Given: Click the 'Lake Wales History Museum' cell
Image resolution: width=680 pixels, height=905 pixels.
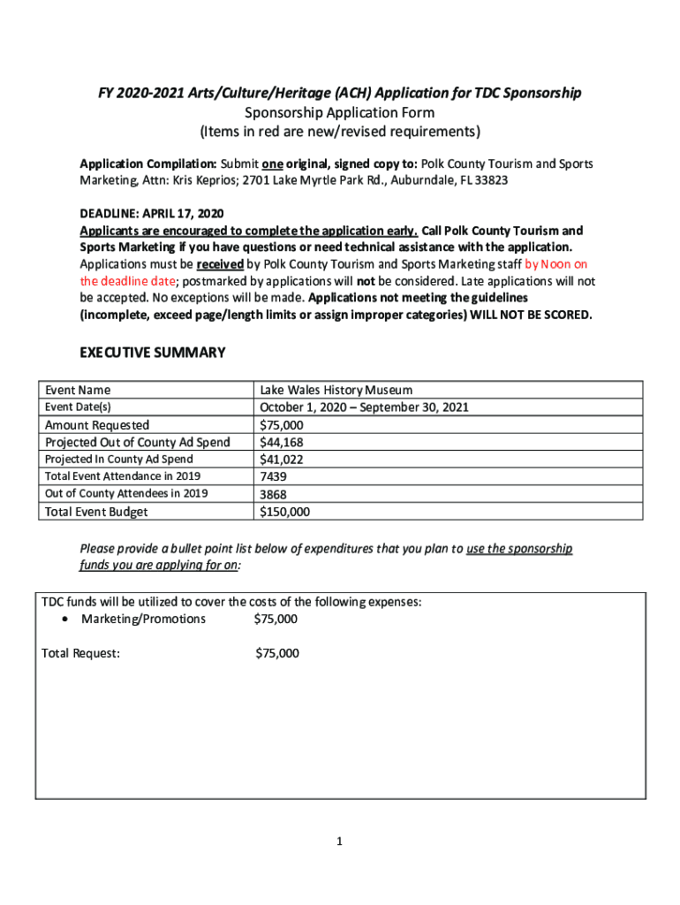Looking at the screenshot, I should click(x=336, y=390).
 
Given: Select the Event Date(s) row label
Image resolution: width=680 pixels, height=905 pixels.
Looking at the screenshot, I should click(x=79, y=407).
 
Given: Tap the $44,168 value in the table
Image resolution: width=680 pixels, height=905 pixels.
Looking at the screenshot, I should click(x=282, y=442).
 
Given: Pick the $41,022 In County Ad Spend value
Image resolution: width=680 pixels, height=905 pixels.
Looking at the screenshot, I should click(x=282, y=460).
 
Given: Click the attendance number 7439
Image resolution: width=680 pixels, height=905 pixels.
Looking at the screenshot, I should click(x=274, y=476).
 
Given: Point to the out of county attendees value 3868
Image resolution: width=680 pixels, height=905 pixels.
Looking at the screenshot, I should click(x=274, y=494).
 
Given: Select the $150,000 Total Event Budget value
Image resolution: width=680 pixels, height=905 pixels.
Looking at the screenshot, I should click(x=284, y=512).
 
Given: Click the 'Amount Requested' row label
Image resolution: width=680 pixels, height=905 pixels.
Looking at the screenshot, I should click(x=97, y=425).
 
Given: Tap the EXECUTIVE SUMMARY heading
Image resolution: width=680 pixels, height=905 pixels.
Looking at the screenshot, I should click(x=153, y=353).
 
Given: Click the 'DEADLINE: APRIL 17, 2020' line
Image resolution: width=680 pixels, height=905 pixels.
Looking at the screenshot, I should click(x=152, y=214).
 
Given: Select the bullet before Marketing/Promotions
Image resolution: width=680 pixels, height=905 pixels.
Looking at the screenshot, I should click(x=65, y=619).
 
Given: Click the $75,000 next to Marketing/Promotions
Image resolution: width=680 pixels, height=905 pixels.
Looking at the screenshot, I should click(x=276, y=619).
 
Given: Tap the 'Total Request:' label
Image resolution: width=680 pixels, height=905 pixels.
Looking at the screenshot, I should click(x=81, y=654).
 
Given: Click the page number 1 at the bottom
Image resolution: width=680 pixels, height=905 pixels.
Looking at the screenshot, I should click(x=339, y=842).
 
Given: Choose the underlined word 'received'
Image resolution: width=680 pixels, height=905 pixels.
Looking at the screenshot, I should click(x=220, y=263).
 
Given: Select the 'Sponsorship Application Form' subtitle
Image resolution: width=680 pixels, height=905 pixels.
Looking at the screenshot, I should click(x=339, y=113).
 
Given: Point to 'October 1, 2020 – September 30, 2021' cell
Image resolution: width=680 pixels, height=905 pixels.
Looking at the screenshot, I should click(x=364, y=407).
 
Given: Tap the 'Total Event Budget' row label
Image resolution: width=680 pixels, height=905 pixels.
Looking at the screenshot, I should click(x=97, y=512).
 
